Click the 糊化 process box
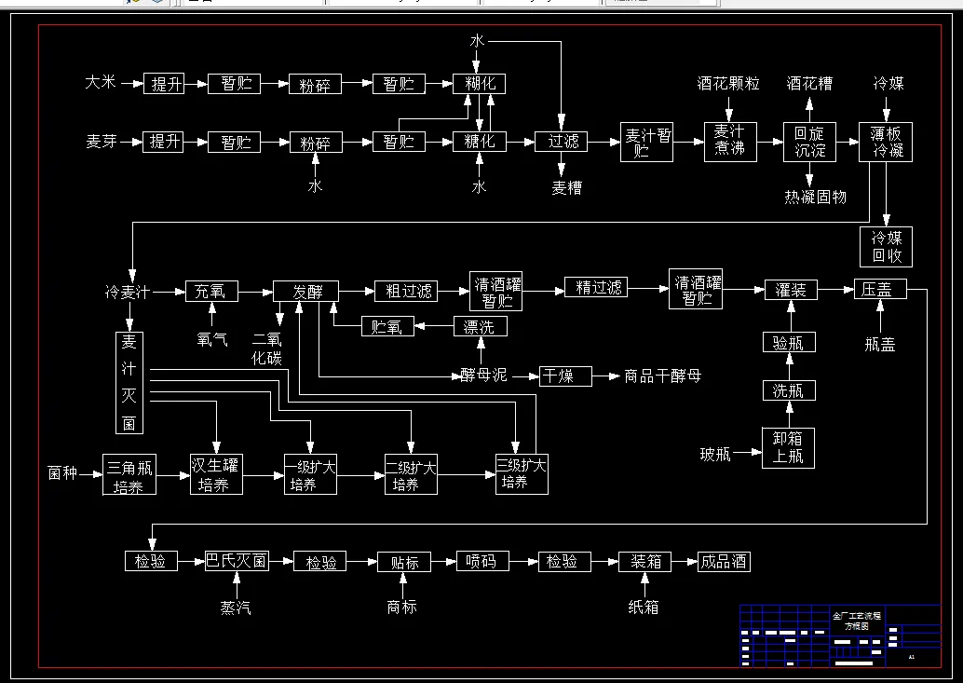click(479, 84)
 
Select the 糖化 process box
click(479, 142)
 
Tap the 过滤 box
click(562, 142)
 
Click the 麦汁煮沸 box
click(730, 142)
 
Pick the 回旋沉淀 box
click(808, 142)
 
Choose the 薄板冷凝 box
click(886, 142)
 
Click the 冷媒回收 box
click(886, 246)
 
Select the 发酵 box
click(305, 291)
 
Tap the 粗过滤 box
click(409, 291)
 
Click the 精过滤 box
click(598, 288)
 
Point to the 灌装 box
click(791, 290)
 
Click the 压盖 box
click(878, 290)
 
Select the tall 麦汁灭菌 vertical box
click(129, 382)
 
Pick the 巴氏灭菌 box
click(237, 562)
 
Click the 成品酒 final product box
click(724, 562)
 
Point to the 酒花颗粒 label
click(728, 84)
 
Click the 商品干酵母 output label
click(662, 376)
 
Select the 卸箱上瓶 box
click(788, 447)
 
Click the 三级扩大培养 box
click(521, 473)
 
